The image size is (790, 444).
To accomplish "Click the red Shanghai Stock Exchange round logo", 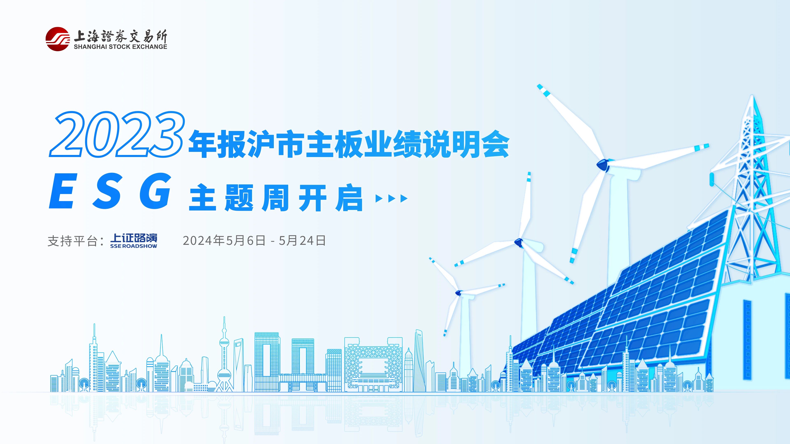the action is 57,39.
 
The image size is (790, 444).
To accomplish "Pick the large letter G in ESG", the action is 156,191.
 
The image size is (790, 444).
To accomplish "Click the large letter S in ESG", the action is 107,191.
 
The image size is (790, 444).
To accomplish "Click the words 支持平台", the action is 72,241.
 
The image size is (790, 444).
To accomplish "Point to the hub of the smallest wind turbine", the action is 458,293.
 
